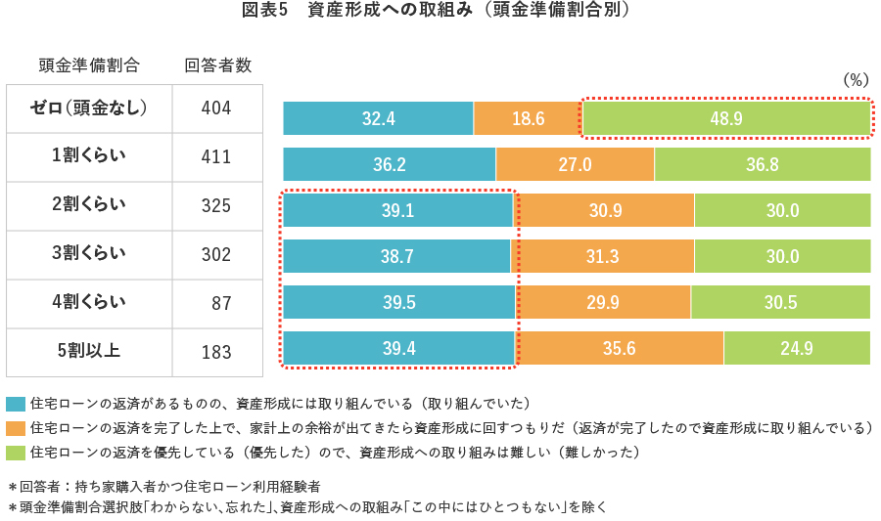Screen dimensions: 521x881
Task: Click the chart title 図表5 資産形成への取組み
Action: (x=440, y=12)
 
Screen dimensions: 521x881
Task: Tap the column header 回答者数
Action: (x=218, y=65)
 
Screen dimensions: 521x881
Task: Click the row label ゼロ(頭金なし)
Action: (x=89, y=108)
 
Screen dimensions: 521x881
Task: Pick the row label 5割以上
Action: (x=89, y=350)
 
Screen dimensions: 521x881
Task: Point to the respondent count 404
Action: (x=216, y=109)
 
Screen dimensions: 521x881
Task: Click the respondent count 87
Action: (x=221, y=303)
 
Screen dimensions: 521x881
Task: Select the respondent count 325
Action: (x=216, y=206)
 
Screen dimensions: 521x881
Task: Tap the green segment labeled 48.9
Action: (x=725, y=118)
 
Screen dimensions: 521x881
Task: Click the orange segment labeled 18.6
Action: (x=528, y=118)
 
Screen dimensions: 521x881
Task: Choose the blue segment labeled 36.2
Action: (x=390, y=165)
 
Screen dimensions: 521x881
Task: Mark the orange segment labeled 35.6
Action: (x=620, y=349)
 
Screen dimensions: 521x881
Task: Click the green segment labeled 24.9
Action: (x=797, y=349)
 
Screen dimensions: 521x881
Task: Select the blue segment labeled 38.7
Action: (x=396, y=257)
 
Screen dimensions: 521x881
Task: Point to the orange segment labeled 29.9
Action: (x=603, y=303)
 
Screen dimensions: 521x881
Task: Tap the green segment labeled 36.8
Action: (x=762, y=165)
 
